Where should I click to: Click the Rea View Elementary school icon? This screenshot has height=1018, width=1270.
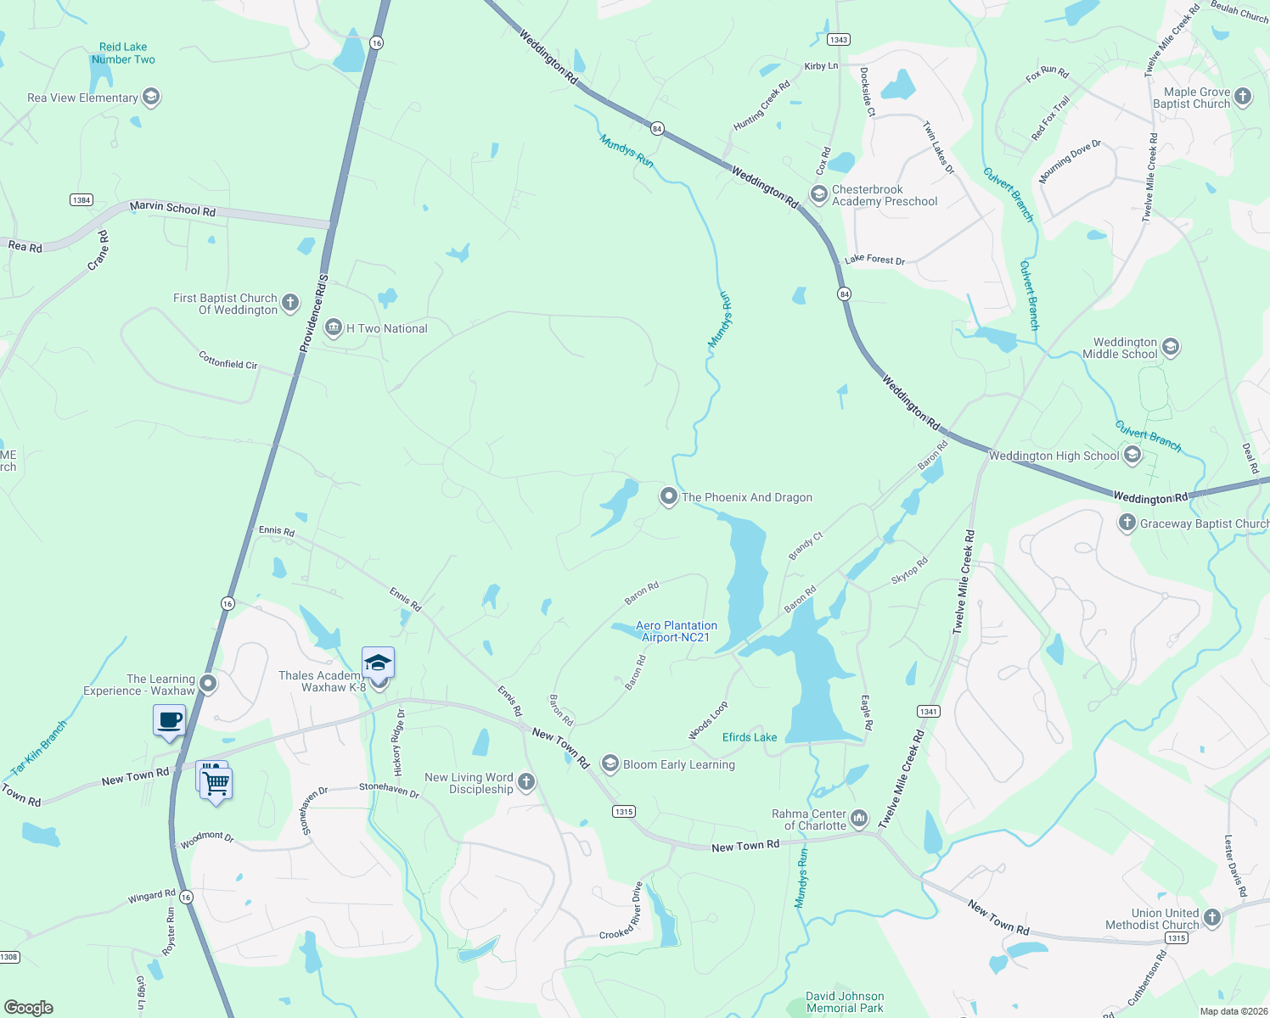[151, 97]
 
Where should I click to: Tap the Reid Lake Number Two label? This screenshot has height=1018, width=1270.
[123, 53]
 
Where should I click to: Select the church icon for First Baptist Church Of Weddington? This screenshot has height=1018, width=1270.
[290, 303]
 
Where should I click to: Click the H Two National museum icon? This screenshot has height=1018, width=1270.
[334, 327]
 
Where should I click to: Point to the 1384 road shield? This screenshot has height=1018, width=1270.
[81, 200]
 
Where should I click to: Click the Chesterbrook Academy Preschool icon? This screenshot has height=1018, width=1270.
[818, 195]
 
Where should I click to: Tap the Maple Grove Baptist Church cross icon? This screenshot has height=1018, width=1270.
[1243, 97]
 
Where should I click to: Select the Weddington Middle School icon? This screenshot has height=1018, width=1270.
[1171, 347]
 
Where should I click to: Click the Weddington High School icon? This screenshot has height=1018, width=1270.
[1132, 456]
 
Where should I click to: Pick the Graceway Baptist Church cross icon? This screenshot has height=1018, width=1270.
[1127, 523]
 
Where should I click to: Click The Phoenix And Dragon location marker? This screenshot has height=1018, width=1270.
[669, 496]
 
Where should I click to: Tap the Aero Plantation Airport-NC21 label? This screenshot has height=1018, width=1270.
[677, 631]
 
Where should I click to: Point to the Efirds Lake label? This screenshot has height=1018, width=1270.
[750, 737]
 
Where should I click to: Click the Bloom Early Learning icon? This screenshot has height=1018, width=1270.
[610, 763]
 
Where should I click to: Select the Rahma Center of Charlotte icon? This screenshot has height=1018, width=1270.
[859, 819]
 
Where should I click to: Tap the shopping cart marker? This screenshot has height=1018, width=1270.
[216, 783]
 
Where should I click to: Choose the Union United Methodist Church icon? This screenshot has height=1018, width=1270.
[1211, 917]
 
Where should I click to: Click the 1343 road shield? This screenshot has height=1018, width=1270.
[839, 40]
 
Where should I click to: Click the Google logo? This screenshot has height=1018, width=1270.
[29, 1008]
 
